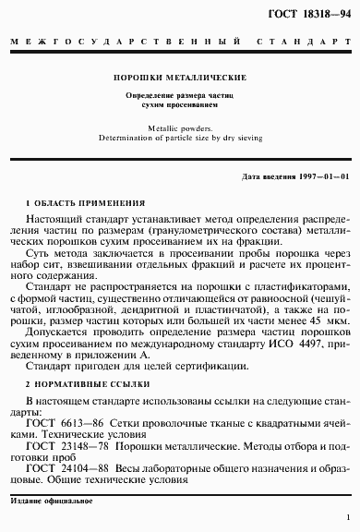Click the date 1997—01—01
(320, 175)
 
